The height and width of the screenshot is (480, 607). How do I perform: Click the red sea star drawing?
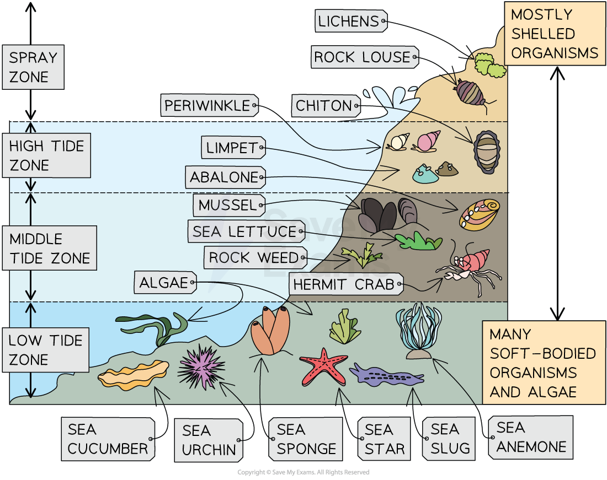(323, 365)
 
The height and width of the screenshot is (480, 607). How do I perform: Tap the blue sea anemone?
(418, 331)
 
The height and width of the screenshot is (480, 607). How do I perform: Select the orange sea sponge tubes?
(270, 330)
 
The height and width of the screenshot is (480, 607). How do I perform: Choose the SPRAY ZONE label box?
(33, 67)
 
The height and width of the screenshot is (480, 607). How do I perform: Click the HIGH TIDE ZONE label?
(47, 155)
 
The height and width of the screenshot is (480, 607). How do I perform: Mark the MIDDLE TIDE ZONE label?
(50, 249)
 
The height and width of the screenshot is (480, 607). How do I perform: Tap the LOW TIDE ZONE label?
(46, 350)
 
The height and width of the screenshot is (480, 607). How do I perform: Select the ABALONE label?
(225, 177)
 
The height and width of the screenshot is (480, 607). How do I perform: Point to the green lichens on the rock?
(489, 64)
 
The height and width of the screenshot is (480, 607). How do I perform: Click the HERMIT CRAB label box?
(345, 284)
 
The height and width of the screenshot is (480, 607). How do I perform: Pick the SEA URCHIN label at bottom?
(209, 440)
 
